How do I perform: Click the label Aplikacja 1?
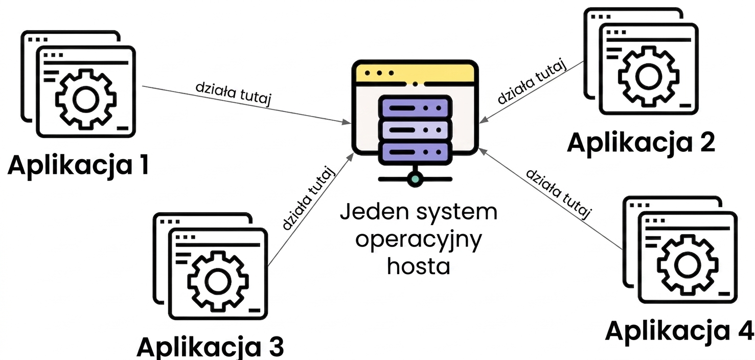coord(78,166)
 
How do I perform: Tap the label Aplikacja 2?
coord(641,143)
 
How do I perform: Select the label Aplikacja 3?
coord(210,347)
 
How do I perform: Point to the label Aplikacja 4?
coord(679,332)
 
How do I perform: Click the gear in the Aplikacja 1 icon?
coord(86,99)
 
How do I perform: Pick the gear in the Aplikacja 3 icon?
coord(218,281)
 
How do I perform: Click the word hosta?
coord(419,266)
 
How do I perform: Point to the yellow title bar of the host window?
coord(415,73)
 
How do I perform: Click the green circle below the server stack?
coord(415,179)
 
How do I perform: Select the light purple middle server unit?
coord(415,130)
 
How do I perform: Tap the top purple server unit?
coord(415,108)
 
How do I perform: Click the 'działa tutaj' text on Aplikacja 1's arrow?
coord(233,94)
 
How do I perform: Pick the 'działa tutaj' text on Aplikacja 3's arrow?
coord(308,198)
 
